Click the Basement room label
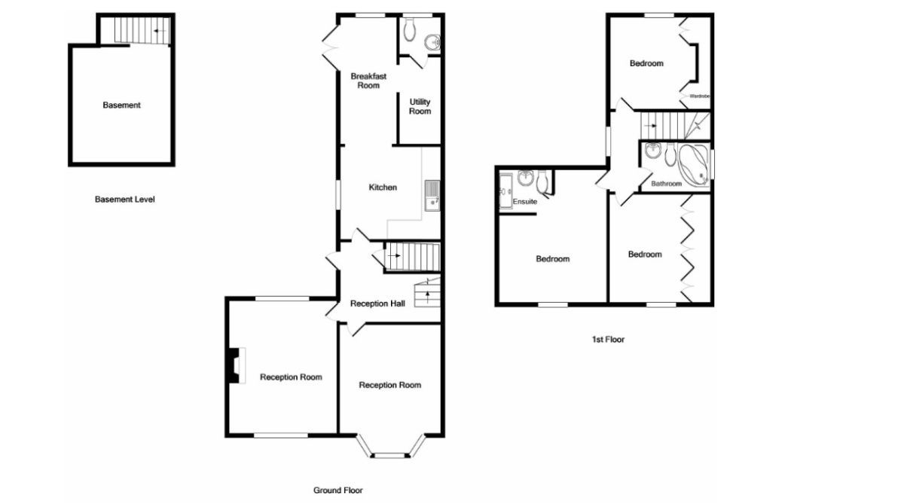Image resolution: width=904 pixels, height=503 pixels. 121,105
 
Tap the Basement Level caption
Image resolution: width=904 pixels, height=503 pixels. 124,200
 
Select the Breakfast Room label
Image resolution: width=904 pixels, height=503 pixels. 368,81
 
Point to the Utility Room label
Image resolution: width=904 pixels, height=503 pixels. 420,106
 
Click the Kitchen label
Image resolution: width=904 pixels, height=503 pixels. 383,187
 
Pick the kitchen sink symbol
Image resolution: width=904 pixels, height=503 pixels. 432,194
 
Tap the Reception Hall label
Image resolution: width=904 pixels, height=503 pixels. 377,303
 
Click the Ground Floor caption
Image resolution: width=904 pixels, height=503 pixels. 338,490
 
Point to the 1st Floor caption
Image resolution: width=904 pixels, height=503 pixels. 608,340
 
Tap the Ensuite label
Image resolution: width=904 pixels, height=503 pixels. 524,202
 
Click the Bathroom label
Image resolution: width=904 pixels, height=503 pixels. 666,184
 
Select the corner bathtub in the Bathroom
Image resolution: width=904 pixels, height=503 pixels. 693,163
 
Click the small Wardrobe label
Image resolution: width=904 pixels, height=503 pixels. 700,96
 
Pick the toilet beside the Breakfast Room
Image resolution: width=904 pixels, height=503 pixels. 409,30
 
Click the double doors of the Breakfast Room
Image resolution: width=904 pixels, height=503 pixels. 329,46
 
